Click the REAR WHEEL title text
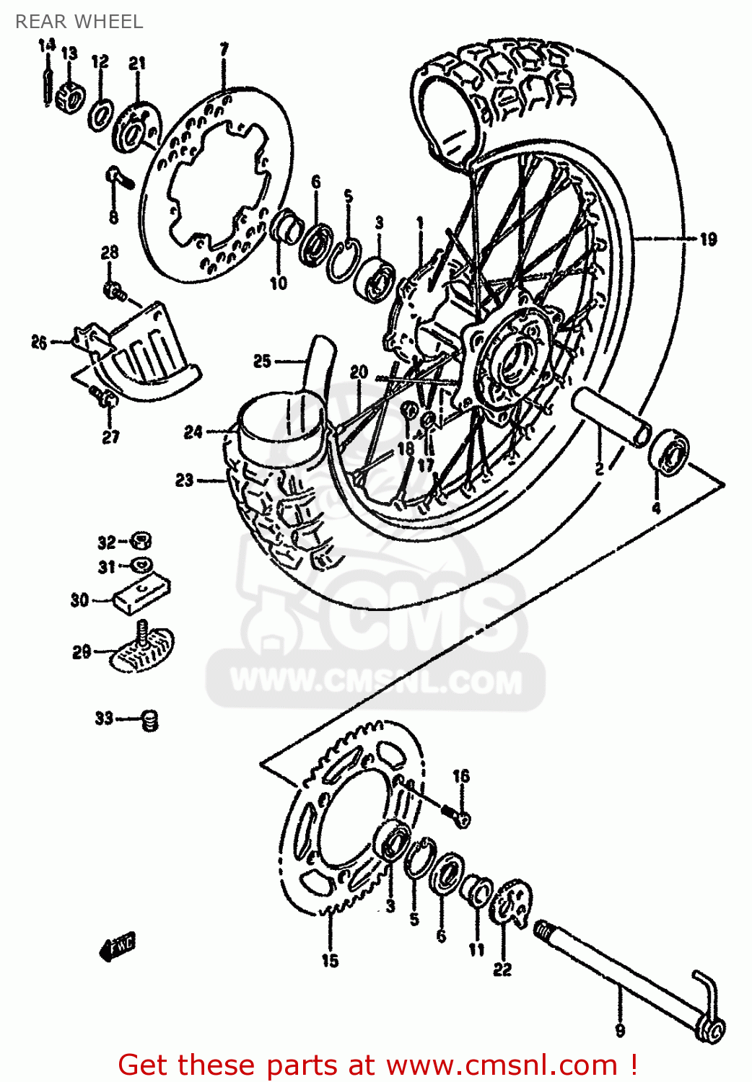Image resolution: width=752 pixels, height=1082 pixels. tap(79, 22)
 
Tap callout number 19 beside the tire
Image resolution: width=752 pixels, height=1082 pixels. tap(708, 239)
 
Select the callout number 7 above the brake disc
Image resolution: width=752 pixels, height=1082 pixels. tap(224, 50)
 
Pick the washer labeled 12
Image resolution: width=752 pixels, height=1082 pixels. tap(101, 114)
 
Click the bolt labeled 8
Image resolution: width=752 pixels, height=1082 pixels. tap(118, 177)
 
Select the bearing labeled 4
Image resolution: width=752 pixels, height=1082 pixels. tap(669, 453)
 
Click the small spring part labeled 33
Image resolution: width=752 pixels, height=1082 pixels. tap(149, 719)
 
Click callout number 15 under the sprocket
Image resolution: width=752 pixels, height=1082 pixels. tap(330, 960)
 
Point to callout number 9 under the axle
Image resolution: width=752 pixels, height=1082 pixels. tap(620, 1031)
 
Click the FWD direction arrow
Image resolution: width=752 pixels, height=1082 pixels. tap(117, 946)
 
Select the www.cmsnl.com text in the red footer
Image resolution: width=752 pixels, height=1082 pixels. tap(502, 1065)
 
